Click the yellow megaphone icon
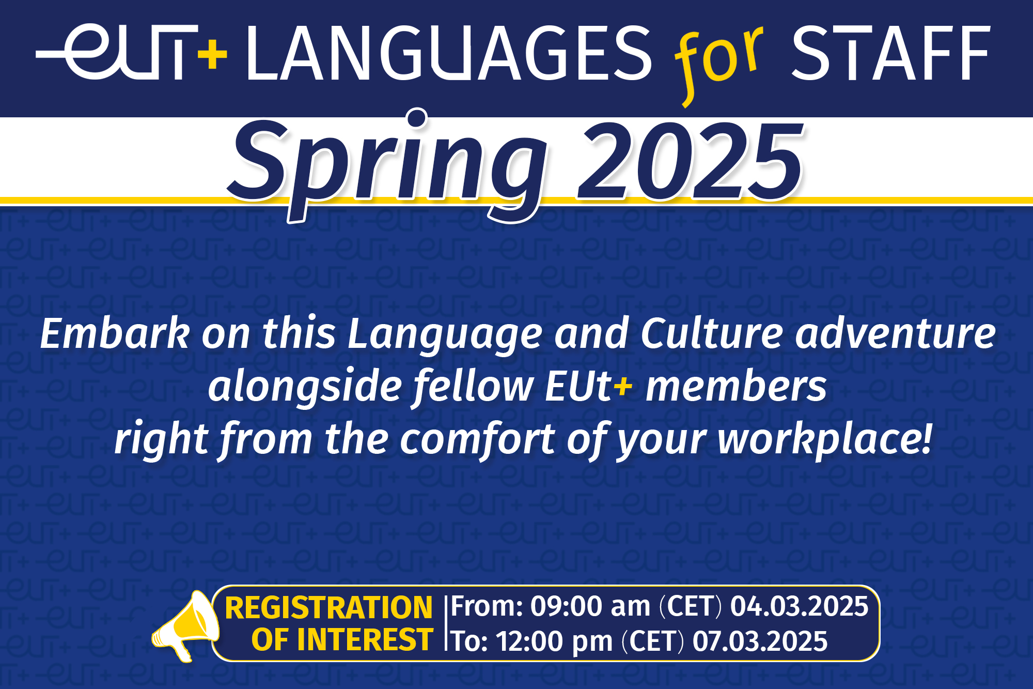(185, 625)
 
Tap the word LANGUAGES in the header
(449, 53)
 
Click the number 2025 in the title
(690, 161)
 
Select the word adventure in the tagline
(895, 334)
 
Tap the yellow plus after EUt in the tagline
(623, 386)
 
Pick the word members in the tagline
(737, 386)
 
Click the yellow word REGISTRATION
(328, 607)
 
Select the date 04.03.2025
(799, 606)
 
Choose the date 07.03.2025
(760, 641)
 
